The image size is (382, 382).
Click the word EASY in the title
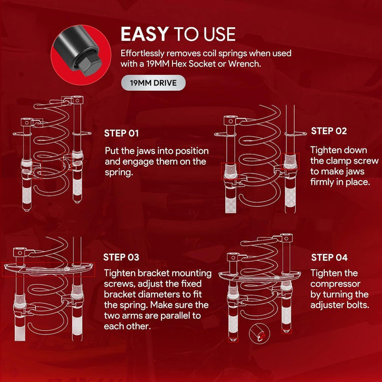[x=144, y=34]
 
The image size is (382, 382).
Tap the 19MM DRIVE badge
[x=153, y=83]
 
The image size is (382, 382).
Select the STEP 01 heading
[x=122, y=133]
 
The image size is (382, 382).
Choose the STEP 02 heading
[x=329, y=131]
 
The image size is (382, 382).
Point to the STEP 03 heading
[x=121, y=257]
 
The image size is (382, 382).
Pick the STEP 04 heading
[x=330, y=258]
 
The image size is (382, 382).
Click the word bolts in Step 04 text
[x=359, y=305]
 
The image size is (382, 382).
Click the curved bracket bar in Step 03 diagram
[x=49, y=269]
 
